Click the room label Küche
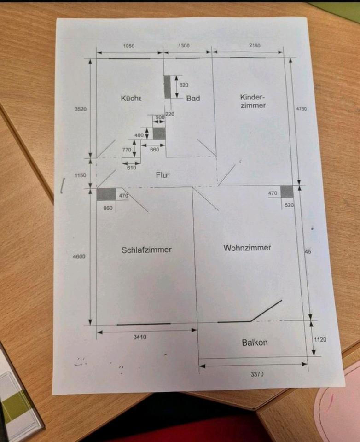tap(131, 98)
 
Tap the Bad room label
tap(193, 98)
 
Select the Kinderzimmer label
tap(253, 101)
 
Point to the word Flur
tap(163, 175)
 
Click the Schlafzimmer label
tap(146, 250)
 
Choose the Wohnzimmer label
tap(247, 248)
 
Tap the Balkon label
tap(255, 343)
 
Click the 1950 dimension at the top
tap(129, 46)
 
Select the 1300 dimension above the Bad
tap(183, 46)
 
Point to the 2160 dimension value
tap(254, 46)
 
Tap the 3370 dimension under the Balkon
tap(257, 374)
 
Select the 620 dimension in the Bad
tap(184, 85)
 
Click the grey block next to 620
tap(167, 86)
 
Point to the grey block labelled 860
tap(106, 194)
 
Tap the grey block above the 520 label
tap(286, 191)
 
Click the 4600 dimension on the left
tap(79, 256)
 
